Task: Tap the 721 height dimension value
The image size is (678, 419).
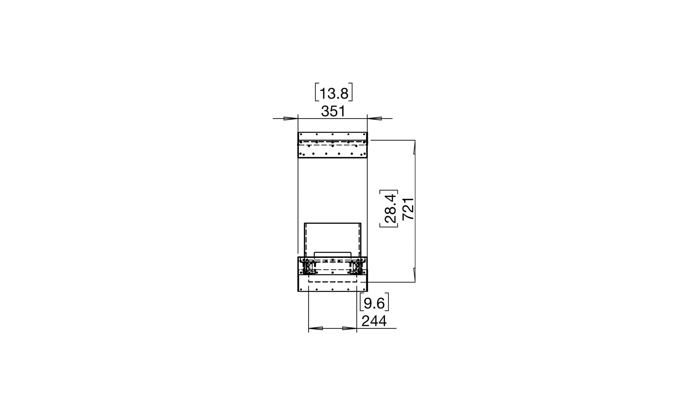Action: click(408, 209)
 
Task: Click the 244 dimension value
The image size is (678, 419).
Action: click(374, 321)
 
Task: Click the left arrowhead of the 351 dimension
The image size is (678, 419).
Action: click(291, 119)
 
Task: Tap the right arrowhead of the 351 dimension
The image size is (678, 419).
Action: click(374, 119)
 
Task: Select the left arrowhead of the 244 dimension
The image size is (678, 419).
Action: click(316, 328)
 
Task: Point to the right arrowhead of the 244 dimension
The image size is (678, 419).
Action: click(350, 328)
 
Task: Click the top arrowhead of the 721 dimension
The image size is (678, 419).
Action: click(414, 147)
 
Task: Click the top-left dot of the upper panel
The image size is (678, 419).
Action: click(301, 134)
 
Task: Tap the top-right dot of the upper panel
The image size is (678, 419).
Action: click(364, 134)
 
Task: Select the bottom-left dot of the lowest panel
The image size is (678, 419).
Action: click(301, 289)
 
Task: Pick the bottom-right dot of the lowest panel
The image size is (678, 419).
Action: click(364, 289)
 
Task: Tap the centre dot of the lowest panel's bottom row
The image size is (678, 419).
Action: click(332, 289)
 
